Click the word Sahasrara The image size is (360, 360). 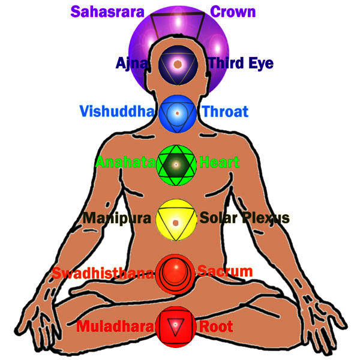[107, 12]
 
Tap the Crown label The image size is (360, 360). [233, 12]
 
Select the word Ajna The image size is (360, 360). [132, 63]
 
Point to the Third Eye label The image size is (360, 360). [241, 64]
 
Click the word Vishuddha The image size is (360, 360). [117, 112]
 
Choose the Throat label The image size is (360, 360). [225, 112]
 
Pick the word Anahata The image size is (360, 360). [125, 162]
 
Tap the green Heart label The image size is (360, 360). [219, 162]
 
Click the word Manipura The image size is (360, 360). [117, 218]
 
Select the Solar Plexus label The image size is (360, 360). [245, 218]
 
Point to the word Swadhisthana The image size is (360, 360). [103, 273]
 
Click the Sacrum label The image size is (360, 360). [225, 271]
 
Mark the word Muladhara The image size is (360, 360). [115, 326]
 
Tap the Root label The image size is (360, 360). [216, 326]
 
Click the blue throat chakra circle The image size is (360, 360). [177, 114]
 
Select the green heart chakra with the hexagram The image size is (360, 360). [176, 166]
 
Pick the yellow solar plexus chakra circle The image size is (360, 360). [176, 220]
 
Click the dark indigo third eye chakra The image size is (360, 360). [178, 65]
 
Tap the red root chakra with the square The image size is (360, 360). [176, 326]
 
